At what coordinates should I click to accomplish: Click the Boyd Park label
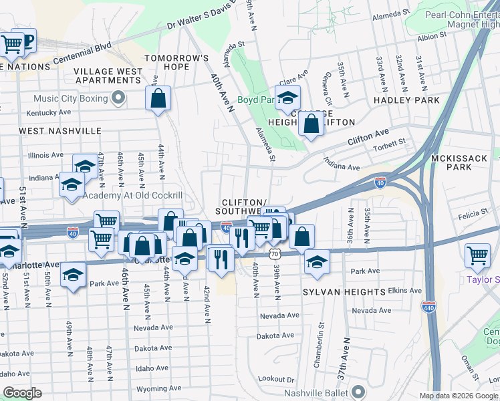[256, 101]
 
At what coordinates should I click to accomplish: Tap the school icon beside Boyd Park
[287, 99]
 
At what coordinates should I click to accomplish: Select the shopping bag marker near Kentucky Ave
[158, 100]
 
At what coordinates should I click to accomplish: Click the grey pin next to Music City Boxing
[118, 99]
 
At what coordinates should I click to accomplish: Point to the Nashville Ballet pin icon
[359, 392]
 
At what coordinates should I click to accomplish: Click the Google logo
[22, 393]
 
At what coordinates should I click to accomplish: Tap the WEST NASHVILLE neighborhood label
[60, 131]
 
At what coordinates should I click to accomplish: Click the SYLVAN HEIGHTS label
[344, 293]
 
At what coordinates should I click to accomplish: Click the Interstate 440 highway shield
[429, 306]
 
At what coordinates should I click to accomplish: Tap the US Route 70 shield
[275, 254]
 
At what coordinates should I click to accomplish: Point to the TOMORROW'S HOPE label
[177, 63]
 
